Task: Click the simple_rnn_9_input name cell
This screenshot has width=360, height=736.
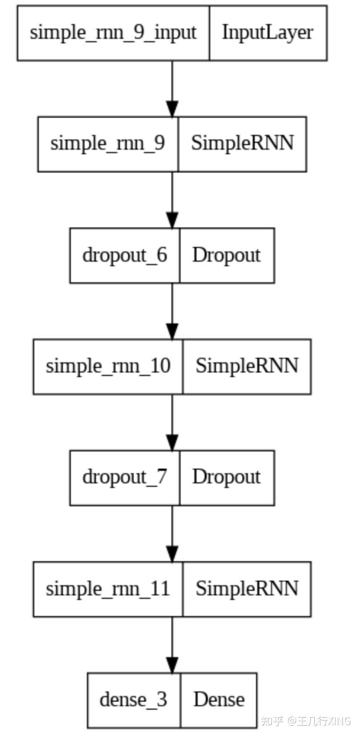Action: [113, 33]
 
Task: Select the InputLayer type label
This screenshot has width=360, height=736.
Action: [267, 33]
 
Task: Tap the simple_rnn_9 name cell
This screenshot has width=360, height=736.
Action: [108, 143]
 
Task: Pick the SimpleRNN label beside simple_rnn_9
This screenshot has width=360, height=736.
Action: [242, 143]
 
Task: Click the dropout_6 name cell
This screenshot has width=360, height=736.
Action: [125, 255]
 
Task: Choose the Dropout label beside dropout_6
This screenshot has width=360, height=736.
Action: [226, 255]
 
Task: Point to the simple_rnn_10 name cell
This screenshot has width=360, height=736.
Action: [108, 366]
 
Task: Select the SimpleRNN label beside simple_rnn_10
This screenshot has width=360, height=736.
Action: [247, 366]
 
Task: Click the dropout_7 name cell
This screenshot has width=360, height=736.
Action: [125, 477]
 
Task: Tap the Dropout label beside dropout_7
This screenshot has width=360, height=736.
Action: [226, 477]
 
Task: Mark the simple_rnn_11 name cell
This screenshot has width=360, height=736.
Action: [108, 589]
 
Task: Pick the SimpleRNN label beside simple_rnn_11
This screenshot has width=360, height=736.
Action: [247, 589]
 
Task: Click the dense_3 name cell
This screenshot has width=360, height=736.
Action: [134, 699]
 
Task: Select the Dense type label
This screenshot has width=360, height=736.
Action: [219, 699]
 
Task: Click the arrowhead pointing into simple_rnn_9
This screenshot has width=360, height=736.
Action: [172, 109]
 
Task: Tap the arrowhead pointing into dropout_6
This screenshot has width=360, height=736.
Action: [172, 220]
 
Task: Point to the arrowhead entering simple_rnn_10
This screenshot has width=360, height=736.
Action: [172, 331]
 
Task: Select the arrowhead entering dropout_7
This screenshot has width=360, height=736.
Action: [172, 442]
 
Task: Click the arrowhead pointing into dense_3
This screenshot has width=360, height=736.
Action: [172, 665]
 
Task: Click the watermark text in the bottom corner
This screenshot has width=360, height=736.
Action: [306, 721]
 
